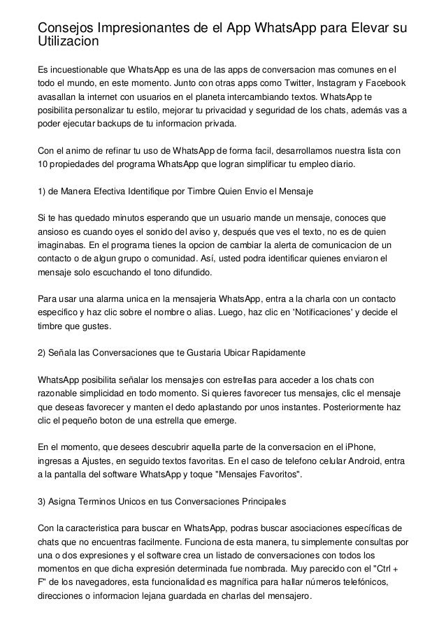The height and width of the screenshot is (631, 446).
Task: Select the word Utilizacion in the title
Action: coord(69,43)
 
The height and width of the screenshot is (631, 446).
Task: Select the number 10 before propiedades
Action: coord(43,165)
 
